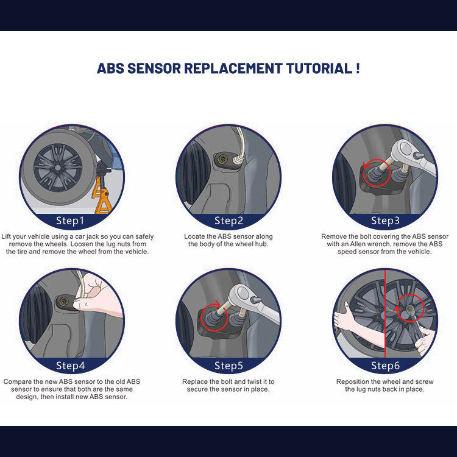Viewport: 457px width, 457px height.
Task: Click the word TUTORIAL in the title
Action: coord(319,68)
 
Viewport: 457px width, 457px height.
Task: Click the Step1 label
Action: coord(70,221)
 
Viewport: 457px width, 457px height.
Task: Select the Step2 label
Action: coord(228,221)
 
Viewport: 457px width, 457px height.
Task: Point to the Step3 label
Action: coord(385,221)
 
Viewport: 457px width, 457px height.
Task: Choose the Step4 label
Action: coord(70,366)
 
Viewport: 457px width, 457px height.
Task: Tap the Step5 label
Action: coord(228,366)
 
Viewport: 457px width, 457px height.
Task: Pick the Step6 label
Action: coord(385,366)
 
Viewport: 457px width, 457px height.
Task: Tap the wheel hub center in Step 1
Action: coord(58,168)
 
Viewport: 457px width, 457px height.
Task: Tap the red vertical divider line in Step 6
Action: coord(385,314)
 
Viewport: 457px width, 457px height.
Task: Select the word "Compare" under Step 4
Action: coord(18,382)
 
